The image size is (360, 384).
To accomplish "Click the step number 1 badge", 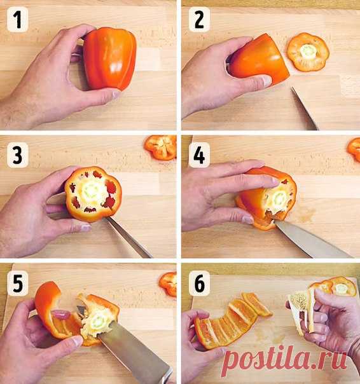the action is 18,20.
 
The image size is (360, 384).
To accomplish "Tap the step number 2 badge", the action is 199,20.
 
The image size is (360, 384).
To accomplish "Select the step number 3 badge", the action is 18,155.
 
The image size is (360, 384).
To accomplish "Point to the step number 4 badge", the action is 199,155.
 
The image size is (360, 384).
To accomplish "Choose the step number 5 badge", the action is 18,284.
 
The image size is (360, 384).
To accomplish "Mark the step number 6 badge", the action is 199,284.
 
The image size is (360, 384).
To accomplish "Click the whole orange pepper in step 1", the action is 109,58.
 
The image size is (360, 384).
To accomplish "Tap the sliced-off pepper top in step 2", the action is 308,52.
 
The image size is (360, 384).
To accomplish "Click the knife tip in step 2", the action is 292,88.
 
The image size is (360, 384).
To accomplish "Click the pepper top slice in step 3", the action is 161,147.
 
